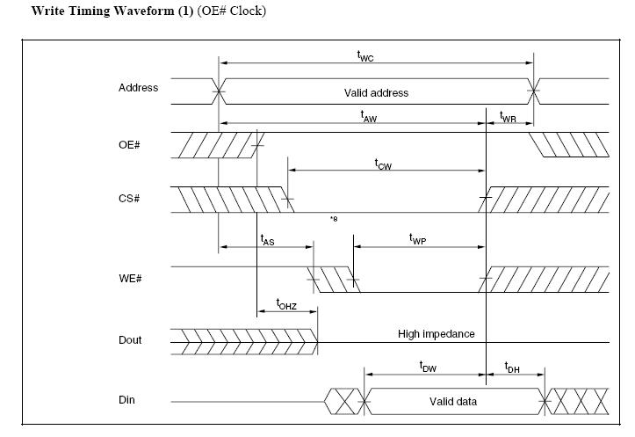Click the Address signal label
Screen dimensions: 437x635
pyautogui.click(x=138, y=88)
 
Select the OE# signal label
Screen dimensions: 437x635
pyautogui.click(x=129, y=144)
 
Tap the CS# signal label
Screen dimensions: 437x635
pyautogui.click(x=129, y=199)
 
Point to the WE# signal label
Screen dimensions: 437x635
pyautogui.click(x=129, y=279)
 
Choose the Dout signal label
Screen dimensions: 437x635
pyautogui.click(x=130, y=340)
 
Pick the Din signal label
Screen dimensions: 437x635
pyautogui.click(x=127, y=401)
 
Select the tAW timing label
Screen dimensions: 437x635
pyautogui.click(x=370, y=115)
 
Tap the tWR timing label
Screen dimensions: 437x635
pyautogui.click(x=508, y=116)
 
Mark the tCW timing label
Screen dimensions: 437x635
pyautogui.click(x=383, y=164)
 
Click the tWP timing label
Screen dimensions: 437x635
pyautogui.click(x=417, y=238)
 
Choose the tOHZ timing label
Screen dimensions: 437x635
pyautogui.click(x=286, y=304)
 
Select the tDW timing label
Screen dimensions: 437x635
pyautogui.click(x=428, y=368)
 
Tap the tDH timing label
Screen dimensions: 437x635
pyautogui.click(x=512, y=368)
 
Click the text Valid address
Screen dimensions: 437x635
pyautogui.click(x=376, y=92)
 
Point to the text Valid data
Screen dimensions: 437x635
pyautogui.click(x=453, y=402)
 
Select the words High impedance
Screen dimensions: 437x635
pyautogui.click(x=436, y=334)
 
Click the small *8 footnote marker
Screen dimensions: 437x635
pyautogui.click(x=334, y=218)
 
